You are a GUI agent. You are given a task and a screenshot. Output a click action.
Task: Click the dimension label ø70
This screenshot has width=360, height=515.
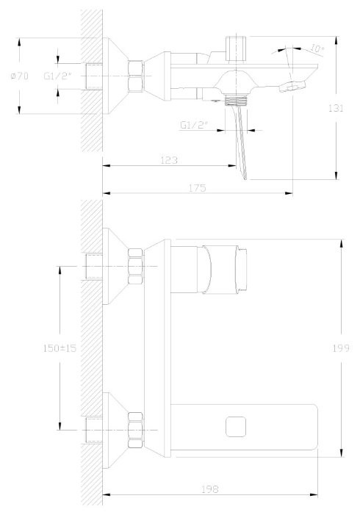pyautogui.click(x=20, y=76)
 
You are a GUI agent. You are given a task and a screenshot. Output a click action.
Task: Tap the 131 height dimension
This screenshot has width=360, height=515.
pyautogui.click(x=336, y=108)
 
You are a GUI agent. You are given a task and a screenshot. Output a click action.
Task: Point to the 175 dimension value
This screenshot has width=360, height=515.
pyautogui.click(x=196, y=188)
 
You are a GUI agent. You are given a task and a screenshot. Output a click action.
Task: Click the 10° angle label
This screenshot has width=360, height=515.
pyautogui.click(x=316, y=49)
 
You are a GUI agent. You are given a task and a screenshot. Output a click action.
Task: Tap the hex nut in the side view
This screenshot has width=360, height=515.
pyautogui.click(x=134, y=76)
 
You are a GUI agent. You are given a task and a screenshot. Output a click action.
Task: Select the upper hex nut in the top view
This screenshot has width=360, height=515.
pyautogui.click(x=135, y=265)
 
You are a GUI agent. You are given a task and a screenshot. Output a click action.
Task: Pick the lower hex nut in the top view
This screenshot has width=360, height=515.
pyautogui.click(x=135, y=429)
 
